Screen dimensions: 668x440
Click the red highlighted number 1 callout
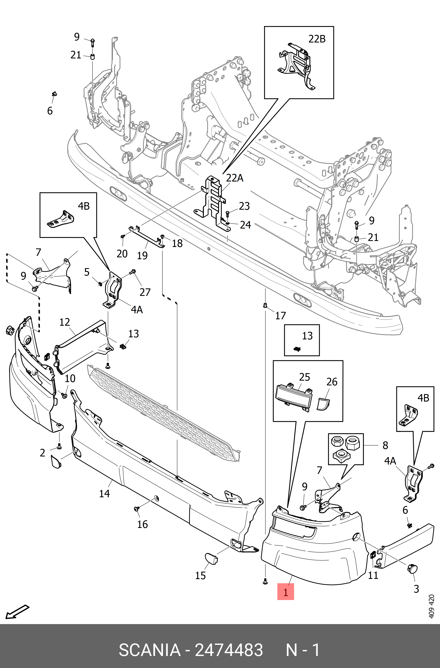pos(285,592)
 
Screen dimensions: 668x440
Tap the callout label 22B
pos(317,39)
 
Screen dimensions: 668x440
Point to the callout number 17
pos(280,316)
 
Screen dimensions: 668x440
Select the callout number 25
pos(304,377)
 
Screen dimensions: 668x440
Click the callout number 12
pos(65,322)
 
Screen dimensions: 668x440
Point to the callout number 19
pos(142,256)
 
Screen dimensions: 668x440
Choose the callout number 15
pos(200,576)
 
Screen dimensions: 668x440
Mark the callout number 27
pos(145,292)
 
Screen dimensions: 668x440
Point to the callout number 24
pos(245,225)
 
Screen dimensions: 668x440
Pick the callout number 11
pos(373,575)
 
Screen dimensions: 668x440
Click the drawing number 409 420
pos(431,606)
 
